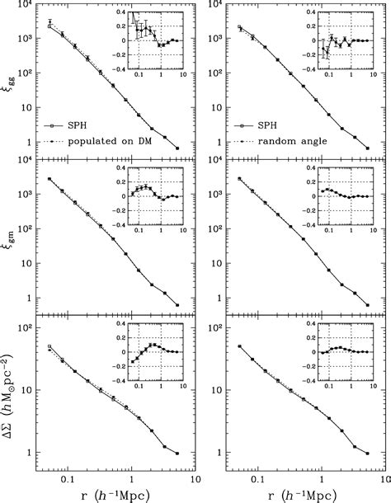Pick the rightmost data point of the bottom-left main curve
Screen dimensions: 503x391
pyautogui.click(x=177, y=453)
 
